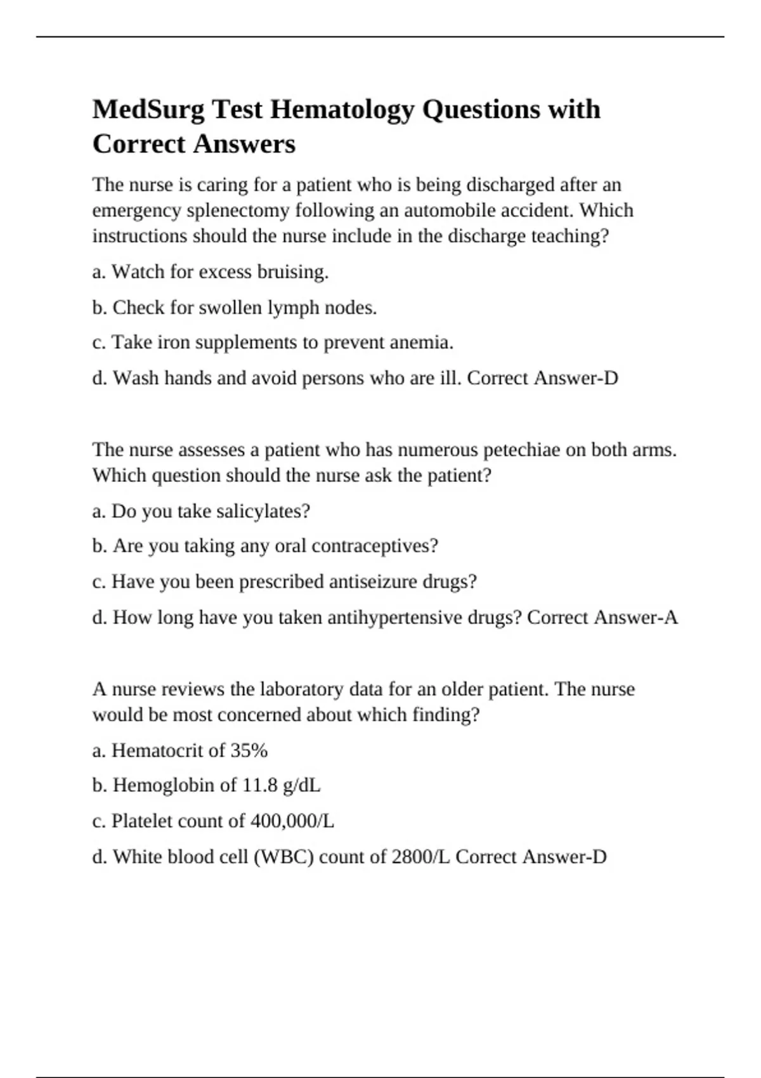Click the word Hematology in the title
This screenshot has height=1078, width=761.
point(343,110)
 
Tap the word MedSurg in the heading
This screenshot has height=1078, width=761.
point(148,110)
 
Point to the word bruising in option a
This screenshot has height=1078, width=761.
point(295,272)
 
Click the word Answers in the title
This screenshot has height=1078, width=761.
point(244,144)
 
